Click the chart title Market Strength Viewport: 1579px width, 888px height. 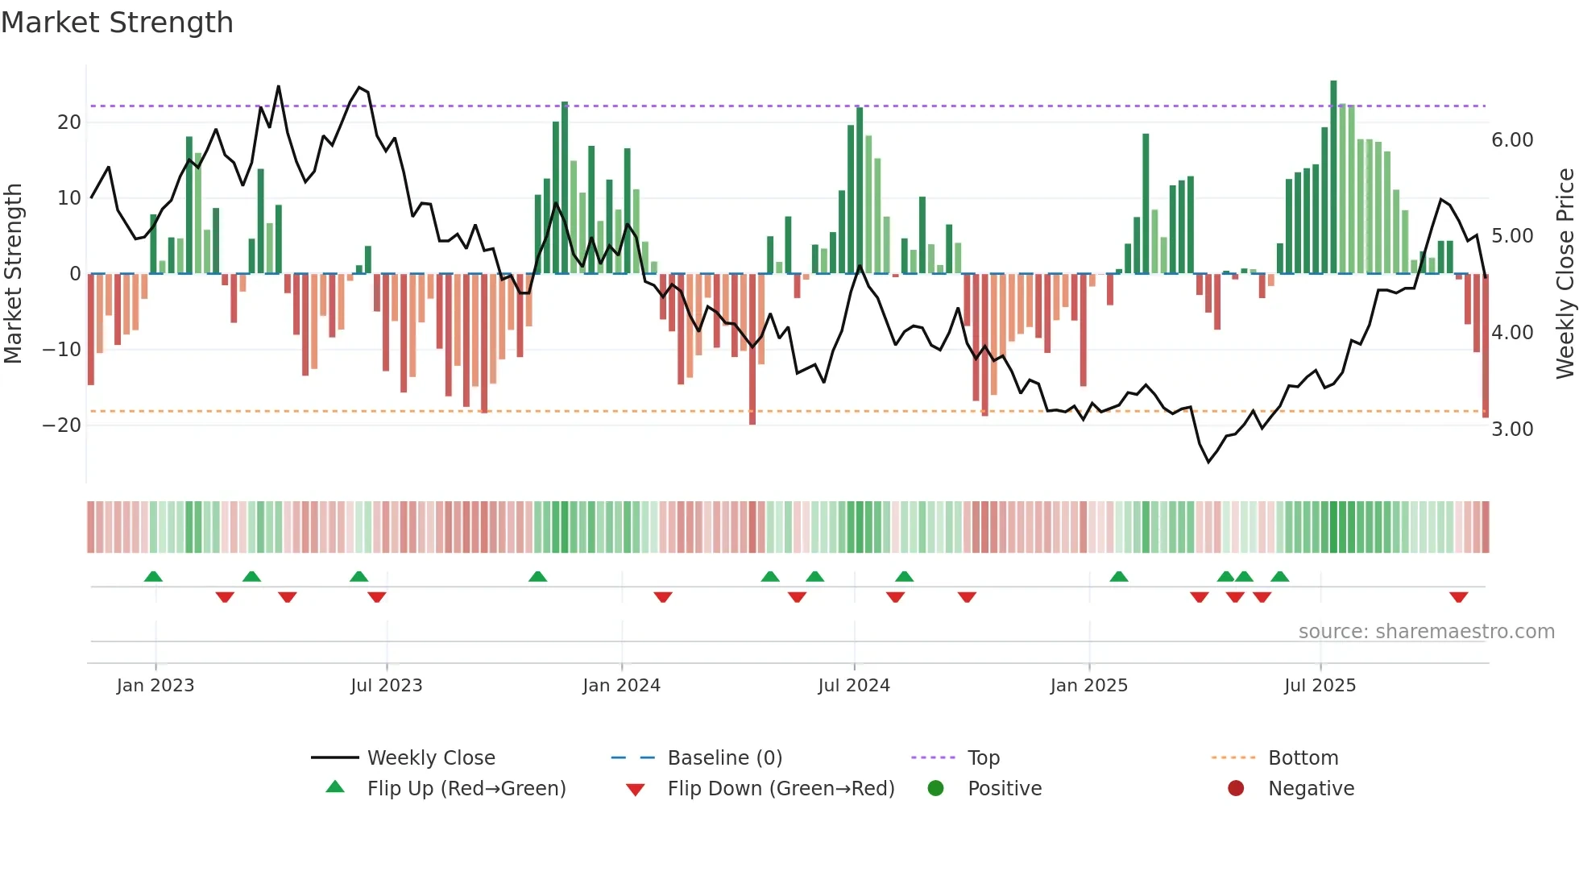click(117, 23)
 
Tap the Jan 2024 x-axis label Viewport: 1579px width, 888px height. click(621, 686)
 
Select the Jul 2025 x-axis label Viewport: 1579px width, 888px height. click(1320, 686)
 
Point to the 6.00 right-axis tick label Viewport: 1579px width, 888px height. click(1512, 140)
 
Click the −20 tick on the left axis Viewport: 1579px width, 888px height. click(62, 425)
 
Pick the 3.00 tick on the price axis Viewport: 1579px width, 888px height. click(1512, 429)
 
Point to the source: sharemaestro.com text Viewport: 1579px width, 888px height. click(1426, 632)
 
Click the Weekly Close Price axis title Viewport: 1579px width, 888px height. click(1564, 274)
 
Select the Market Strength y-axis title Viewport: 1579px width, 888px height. click(13, 274)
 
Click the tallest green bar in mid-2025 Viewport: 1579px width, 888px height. click(1333, 177)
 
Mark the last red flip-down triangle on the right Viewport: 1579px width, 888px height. click(1458, 597)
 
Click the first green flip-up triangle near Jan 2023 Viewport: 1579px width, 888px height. click(153, 576)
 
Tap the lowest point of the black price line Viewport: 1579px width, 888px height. click(1208, 462)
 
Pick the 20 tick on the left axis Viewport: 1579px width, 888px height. click(69, 122)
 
